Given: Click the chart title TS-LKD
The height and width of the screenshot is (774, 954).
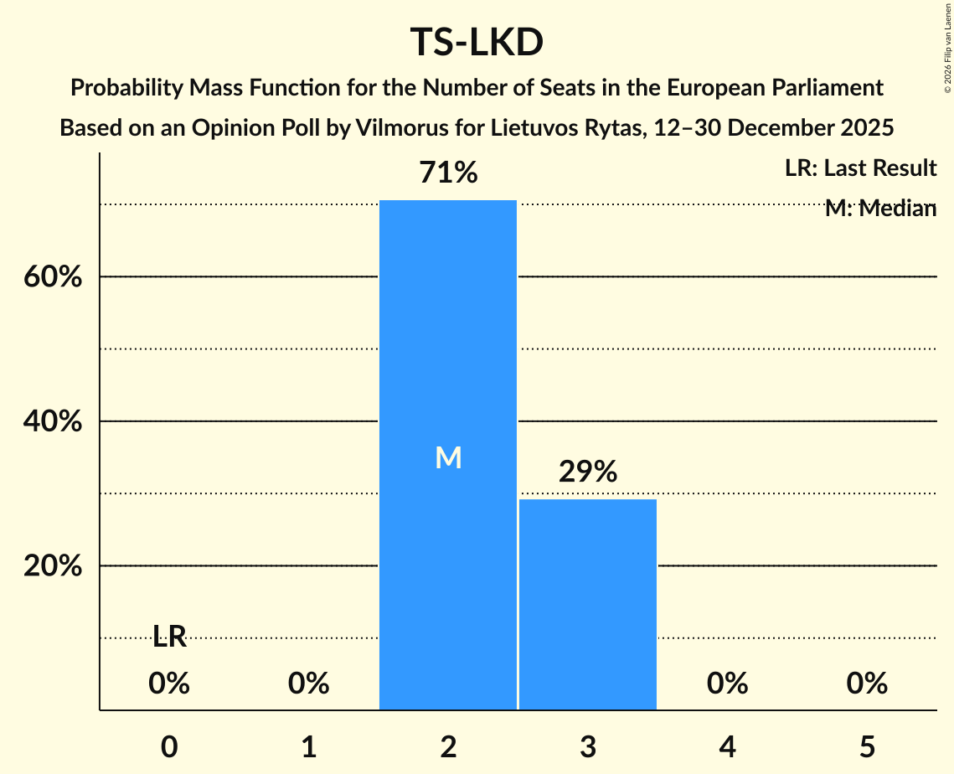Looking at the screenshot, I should [477, 43].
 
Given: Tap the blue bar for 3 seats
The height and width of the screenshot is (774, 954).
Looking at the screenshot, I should [587, 604].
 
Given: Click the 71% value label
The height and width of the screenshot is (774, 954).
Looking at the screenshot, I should [448, 173].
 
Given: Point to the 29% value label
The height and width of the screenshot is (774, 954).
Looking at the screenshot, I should [587, 472].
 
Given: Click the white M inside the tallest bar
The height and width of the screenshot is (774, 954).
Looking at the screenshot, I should [448, 457].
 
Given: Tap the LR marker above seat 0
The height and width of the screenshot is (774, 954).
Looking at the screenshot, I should [169, 637].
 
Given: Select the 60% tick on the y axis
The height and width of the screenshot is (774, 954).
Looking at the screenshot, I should [52, 277].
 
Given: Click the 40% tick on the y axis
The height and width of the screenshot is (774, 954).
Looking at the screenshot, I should [52, 422].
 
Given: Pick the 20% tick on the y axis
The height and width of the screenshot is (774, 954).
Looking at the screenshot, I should [52, 566].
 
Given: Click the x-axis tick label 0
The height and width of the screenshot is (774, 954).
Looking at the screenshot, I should [169, 747].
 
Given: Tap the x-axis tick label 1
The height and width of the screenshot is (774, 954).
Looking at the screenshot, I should [308, 747].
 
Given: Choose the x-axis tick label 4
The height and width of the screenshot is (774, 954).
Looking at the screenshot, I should [727, 747].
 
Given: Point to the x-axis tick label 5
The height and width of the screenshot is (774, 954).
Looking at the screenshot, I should [866, 747].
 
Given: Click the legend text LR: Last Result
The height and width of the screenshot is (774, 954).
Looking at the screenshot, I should [860, 168].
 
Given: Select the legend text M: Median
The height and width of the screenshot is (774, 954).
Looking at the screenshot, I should [879, 209].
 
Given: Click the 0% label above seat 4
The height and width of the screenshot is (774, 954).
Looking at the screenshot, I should [727, 684].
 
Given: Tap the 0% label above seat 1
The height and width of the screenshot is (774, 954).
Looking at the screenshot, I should [308, 684].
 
